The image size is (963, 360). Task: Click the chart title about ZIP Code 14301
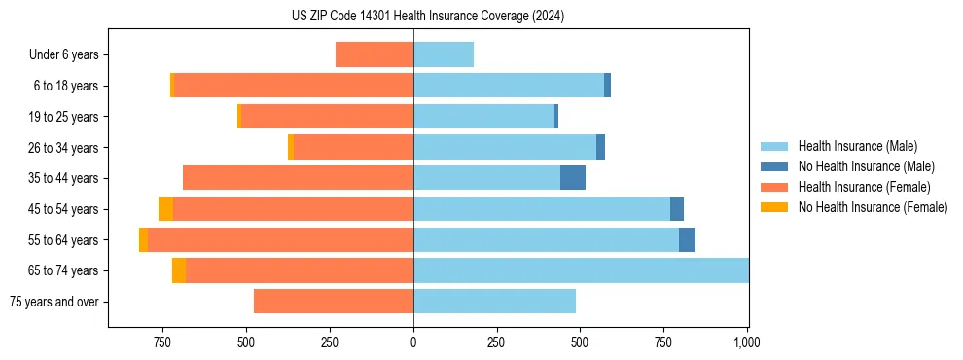coord(428,17)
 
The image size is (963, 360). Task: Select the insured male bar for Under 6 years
coord(444,54)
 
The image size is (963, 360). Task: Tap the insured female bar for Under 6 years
coord(374,54)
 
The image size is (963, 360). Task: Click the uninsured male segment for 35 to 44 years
coord(573,178)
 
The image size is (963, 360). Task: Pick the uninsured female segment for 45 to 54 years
coord(166,209)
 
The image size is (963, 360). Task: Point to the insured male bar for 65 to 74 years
coord(581,270)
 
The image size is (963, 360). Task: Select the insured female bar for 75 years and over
coord(334,302)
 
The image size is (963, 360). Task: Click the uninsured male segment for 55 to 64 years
coord(687,239)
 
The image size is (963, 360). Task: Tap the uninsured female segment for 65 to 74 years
coord(179,270)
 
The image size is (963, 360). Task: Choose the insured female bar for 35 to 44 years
coord(298,178)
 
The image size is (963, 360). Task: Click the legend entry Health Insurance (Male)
coord(857,146)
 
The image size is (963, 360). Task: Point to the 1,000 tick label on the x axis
coord(747,342)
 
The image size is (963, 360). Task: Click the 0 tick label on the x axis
coord(413,342)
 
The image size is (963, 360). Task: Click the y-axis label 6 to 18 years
coord(66,86)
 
